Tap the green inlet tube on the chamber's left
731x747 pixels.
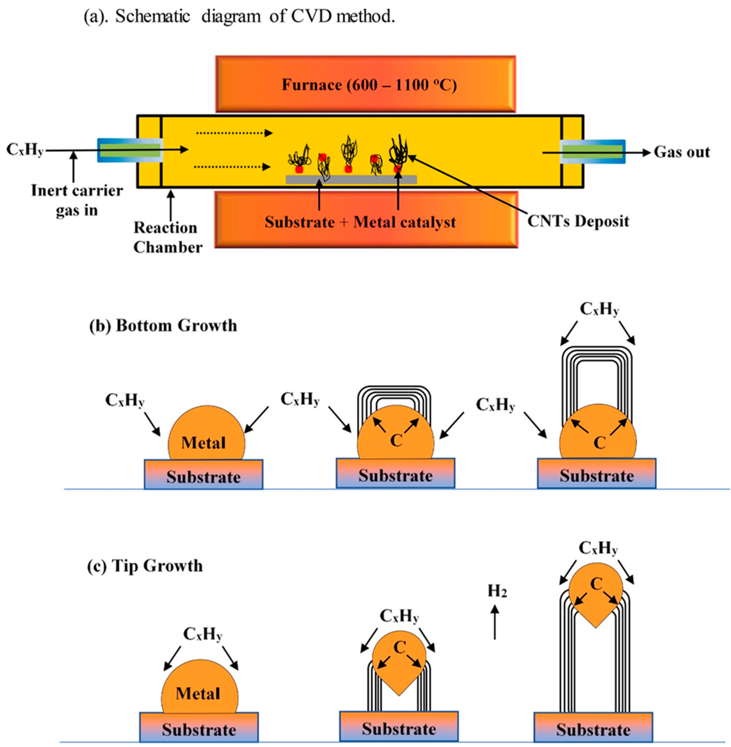(x=130, y=150)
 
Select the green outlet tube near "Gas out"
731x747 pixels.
(x=592, y=151)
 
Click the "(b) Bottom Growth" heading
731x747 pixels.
(x=163, y=325)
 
